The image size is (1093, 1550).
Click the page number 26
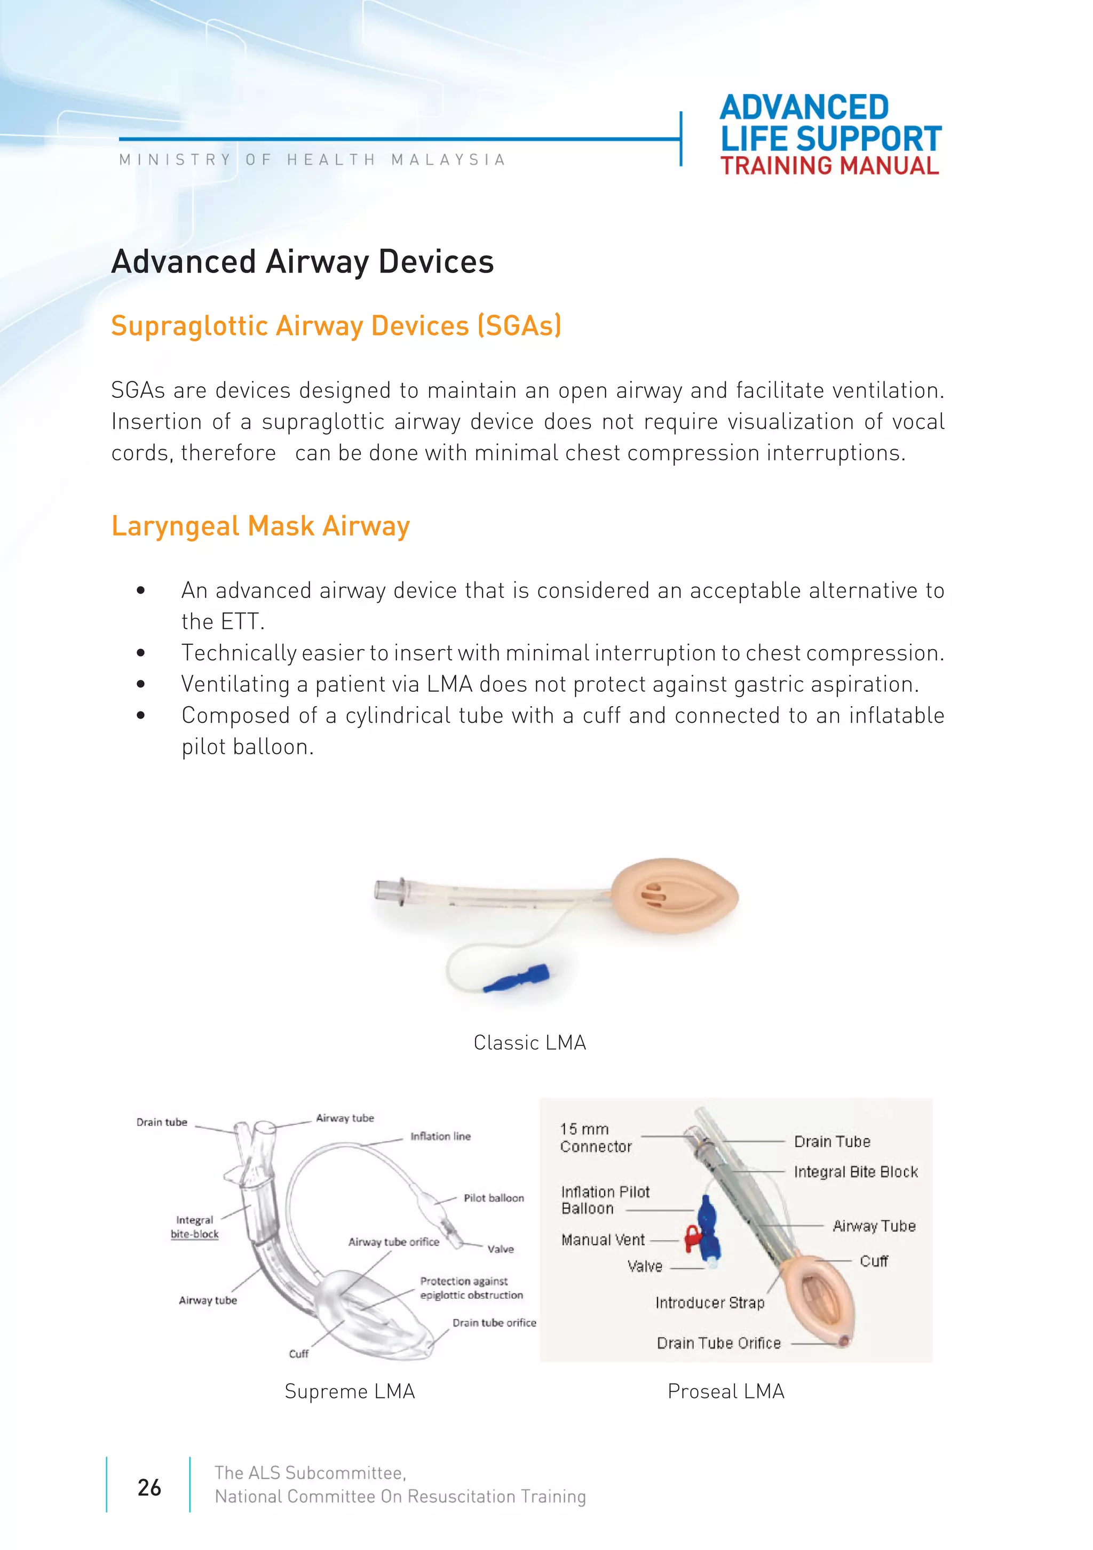click(x=149, y=1487)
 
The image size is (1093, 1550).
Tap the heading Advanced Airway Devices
click(x=303, y=262)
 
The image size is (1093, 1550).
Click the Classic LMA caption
click(x=529, y=1042)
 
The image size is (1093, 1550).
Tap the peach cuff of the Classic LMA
click(x=676, y=897)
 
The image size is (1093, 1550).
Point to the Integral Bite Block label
click(x=855, y=1171)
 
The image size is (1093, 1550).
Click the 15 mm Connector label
click(x=595, y=1138)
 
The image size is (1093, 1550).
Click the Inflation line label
click(x=440, y=1136)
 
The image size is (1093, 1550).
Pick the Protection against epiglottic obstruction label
click(x=471, y=1288)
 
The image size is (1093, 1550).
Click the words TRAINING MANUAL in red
click(x=829, y=166)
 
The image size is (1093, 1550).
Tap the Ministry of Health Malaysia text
click(x=312, y=160)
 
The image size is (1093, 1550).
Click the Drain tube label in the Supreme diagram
click(x=162, y=1122)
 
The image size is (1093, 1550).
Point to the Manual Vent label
click(x=603, y=1240)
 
